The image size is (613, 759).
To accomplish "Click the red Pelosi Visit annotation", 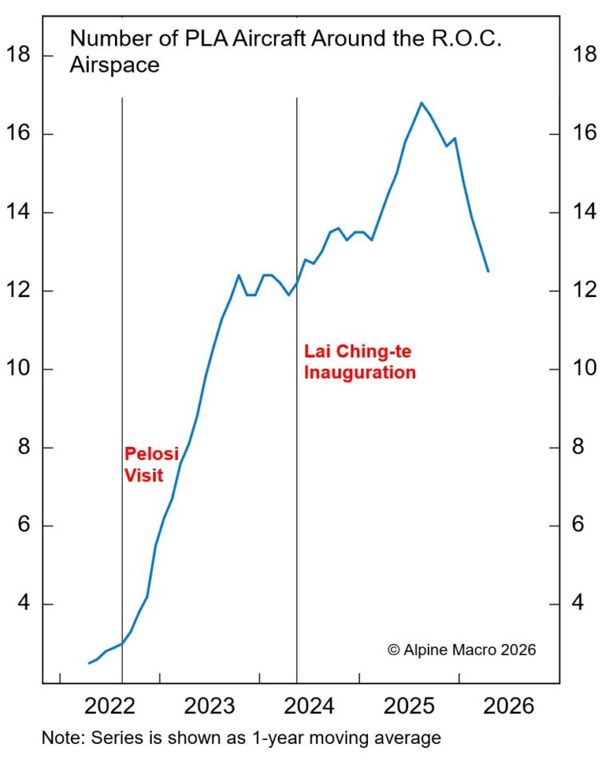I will pos(144,464).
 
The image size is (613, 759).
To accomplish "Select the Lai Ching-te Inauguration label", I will pos(360,362).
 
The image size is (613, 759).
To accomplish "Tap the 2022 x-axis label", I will pos(109,706).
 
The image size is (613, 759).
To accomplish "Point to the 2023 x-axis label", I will pos(209,706).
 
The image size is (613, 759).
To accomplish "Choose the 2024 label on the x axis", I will pos(309,706).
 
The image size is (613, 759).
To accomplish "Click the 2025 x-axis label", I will pos(409,706).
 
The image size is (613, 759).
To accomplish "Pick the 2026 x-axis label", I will pos(508,706).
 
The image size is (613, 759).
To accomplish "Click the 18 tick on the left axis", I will pos(18,55).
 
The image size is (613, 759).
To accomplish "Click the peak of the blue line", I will pos(421,102).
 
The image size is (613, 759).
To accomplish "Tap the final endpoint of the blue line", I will pos(488,271).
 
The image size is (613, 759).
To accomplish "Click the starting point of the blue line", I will pos(89,663).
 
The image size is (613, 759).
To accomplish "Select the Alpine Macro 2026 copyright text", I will pos(461,650).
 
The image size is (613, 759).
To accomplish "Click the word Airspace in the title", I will pos(115,65).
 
